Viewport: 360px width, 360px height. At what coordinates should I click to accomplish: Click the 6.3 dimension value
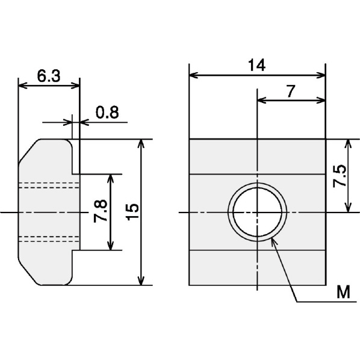pyautogui.click(x=49, y=76)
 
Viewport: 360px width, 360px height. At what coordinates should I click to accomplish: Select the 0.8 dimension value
pyautogui.click(x=107, y=112)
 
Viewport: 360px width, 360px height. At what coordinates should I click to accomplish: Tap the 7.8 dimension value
pyautogui.click(x=101, y=211)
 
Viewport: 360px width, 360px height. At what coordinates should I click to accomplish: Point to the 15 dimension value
pyautogui.click(x=132, y=212)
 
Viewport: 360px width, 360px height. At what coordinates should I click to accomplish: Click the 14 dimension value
pyautogui.click(x=257, y=65)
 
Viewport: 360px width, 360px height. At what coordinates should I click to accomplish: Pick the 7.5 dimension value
pyautogui.click(x=340, y=176)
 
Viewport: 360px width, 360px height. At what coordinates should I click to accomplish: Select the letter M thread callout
pyautogui.click(x=344, y=292)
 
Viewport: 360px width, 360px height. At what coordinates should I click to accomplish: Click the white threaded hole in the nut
pyautogui.click(x=257, y=212)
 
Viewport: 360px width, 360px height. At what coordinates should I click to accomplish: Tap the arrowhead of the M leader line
pyautogui.click(x=274, y=241)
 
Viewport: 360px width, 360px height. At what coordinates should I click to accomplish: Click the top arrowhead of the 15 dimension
pyautogui.click(x=141, y=143)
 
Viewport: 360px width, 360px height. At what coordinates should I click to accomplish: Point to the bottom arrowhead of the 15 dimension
pyautogui.click(x=141, y=281)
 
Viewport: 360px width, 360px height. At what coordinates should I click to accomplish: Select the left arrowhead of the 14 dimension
pyautogui.click(x=193, y=75)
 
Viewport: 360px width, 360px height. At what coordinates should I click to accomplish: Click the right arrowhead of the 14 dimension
pyautogui.click(x=321, y=75)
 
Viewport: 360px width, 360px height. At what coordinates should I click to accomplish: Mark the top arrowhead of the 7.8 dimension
pyautogui.click(x=111, y=178)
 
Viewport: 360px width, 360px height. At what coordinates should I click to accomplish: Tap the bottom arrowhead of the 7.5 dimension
pyautogui.click(x=349, y=208)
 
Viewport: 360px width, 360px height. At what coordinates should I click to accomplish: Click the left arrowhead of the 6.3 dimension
pyautogui.click(x=22, y=85)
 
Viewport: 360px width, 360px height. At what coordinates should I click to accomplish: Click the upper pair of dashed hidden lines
pyautogui.click(x=49, y=185)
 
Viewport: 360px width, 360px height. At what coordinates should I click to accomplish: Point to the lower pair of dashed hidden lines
pyautogui.click(x=49, y=239)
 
